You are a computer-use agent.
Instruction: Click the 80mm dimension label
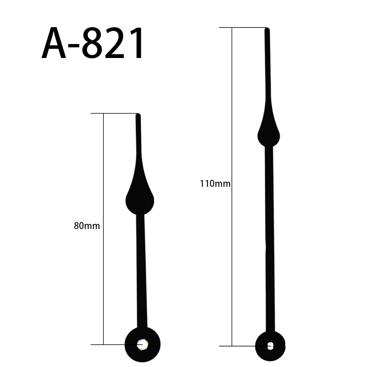87,226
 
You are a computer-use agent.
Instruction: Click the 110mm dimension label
215,183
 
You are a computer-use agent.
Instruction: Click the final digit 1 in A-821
135,44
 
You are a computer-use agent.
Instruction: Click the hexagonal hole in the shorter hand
141,344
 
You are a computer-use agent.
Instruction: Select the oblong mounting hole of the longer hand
270,346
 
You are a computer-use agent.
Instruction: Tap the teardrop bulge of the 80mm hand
140,198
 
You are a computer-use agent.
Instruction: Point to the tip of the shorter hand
138,115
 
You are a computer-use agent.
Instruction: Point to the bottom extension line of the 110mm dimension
239,346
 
